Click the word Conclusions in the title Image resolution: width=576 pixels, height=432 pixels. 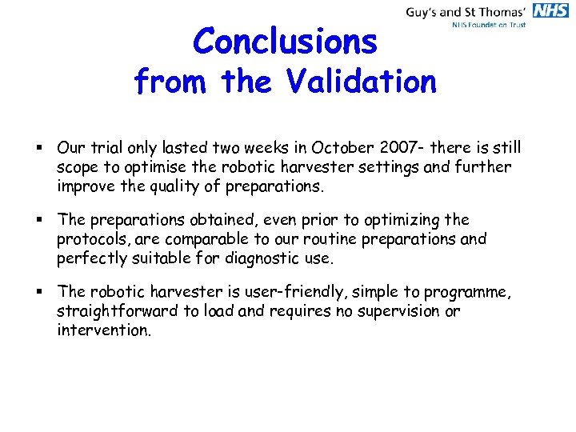[x=285, y=42]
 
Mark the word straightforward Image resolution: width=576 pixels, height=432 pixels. [x=119, y=311]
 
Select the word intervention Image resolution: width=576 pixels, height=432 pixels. [x=103, y=330]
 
